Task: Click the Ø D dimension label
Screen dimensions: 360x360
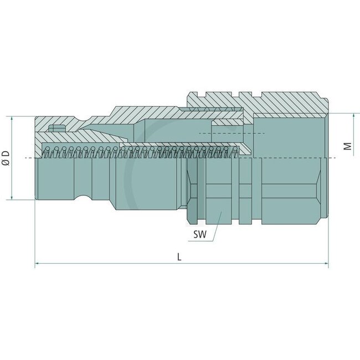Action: click(5, 158)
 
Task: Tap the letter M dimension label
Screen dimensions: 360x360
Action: click(347, 146)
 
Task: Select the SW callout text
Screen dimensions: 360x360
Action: click(200, 234)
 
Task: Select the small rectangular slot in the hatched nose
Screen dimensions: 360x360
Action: click(55, 130)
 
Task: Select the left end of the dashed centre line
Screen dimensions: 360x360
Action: click(28, 158)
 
